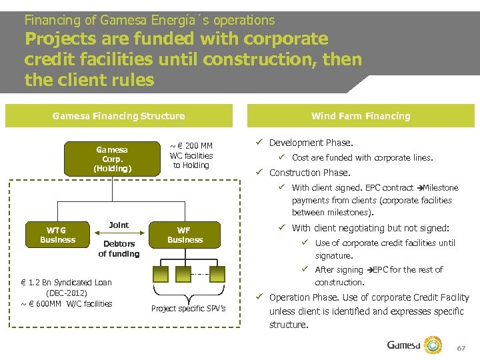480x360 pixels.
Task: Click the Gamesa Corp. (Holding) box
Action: pyautogui.click(x=112, y=159)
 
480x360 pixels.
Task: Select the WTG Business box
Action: pyautogui.click(x=58, y=235)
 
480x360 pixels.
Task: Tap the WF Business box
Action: pyautogui.click(x=184, y=235)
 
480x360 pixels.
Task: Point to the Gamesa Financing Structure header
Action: pyautogui.click(x=118, y=116)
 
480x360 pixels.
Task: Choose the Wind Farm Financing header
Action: pyautogui.click(x=361, y=116)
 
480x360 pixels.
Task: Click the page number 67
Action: pyautogui.click(x=461, y=349)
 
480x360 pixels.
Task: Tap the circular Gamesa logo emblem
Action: pyautogui.click(x=434, y=345)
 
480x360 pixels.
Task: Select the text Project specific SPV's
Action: pyautogui.click(x=188, y=308)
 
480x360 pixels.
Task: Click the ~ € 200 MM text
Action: pyautogui.click(x=191, y=146)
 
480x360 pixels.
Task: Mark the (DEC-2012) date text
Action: pyautogui.click(x=67, y=293)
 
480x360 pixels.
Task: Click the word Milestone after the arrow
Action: pyautogui.click(x=441, y=188)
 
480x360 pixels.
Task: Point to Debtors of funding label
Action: pyautogui.click(x=119, y=248)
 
